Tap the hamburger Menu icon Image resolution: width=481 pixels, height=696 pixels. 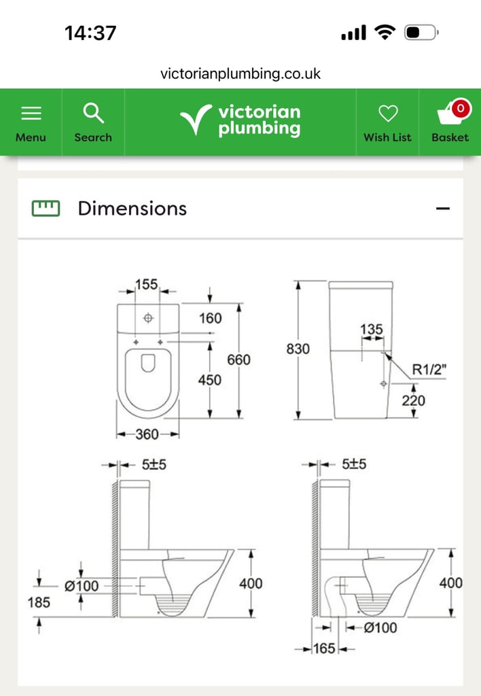point(31,113)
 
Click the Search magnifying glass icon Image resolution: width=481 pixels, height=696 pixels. point(92,113)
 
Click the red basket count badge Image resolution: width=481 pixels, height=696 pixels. point(461,108)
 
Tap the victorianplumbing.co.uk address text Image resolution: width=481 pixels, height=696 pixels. point(240,73)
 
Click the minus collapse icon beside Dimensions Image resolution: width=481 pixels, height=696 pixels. point(443,209)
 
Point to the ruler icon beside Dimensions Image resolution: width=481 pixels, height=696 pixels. point(46,208)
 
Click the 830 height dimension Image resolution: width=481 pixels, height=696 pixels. point(298,349)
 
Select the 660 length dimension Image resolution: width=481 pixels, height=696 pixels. point(238,360)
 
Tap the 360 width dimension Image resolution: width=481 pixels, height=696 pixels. point(147,434)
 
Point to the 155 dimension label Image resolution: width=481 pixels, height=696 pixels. point(146,285)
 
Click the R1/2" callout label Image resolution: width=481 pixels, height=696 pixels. point(429,370)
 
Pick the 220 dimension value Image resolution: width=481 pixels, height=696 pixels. point(413,400)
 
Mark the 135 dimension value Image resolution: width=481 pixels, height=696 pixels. point(372,330)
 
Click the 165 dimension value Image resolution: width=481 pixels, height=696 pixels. point(324,649)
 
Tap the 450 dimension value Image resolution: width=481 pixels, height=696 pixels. point(210,380)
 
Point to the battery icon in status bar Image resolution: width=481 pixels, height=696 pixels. point(421,33)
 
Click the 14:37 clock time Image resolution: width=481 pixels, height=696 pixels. point(90,33)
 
